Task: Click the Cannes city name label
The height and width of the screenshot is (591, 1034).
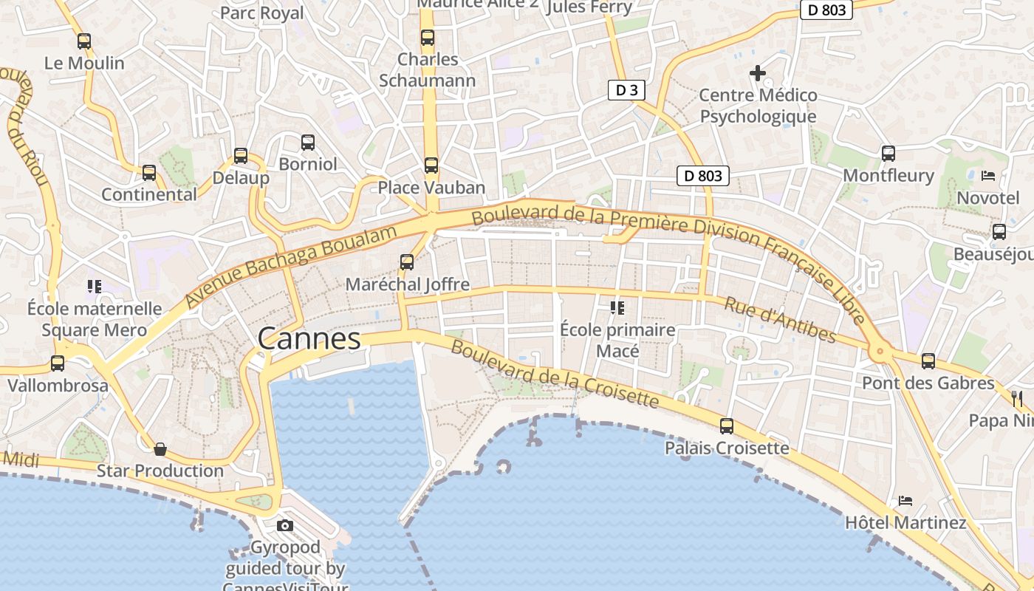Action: tap(309, 339)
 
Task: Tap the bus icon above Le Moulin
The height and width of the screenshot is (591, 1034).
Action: tap(84, 41)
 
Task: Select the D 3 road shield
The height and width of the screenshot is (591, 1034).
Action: tap(626, 90)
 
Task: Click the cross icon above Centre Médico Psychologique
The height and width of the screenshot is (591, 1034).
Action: tap(758, 73)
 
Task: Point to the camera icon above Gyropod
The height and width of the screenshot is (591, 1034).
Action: tap(284, 525)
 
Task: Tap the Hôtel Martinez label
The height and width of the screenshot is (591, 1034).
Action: tap(905, 523)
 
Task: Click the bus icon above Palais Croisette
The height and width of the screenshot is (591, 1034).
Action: tap(727, 426)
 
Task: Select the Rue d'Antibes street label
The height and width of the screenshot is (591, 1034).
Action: tap(780, 320)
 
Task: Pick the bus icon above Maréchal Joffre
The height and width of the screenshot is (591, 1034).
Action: tap(407, 262)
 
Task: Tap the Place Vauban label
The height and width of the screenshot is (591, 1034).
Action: tap(431, 188)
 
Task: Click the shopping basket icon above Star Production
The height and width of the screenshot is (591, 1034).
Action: tap(160, 449)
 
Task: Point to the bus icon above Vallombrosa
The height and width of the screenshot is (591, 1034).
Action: tap(58, 363)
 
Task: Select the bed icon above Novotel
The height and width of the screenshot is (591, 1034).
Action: tap(988, 176)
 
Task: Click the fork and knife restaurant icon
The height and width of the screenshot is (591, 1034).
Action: tap(1017, 399)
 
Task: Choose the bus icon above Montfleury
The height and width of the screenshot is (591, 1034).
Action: tap(889, 154)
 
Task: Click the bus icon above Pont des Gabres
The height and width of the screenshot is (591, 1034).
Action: tap(928, 361)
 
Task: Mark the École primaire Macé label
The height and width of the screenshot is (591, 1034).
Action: tap(617, 341)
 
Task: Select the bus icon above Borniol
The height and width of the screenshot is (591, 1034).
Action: tap(308, 143)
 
